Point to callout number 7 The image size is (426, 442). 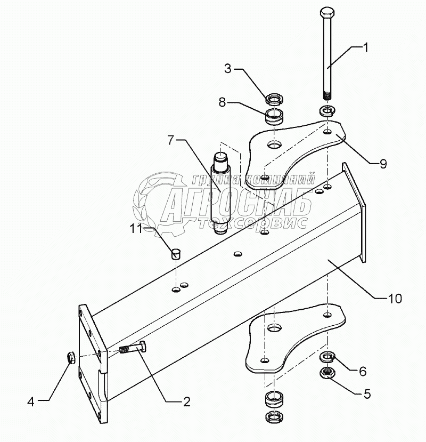click(171, 140)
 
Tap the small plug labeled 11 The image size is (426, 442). click(176, 253)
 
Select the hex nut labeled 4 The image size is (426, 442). click(70, 357)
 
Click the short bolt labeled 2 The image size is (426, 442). click(134, 350)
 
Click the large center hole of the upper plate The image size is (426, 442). click(274, 144)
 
